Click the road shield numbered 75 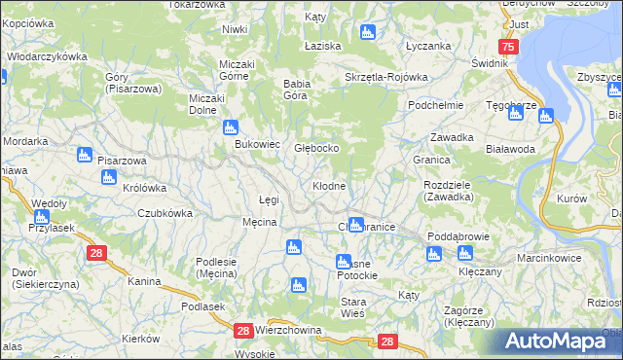point(507,48)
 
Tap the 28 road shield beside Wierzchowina point(243,332)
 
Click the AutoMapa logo point(558,342)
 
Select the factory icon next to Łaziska point(367,33)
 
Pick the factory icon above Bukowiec point(231,126)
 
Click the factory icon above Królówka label point(109,177)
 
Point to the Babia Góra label point(296,90)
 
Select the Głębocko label point(316,147)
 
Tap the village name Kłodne point(328,185)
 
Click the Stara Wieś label point(352,307)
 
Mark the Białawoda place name point(510,149)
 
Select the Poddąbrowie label point(455,236)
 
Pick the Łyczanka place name point(427,46)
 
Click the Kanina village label point(144,281)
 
